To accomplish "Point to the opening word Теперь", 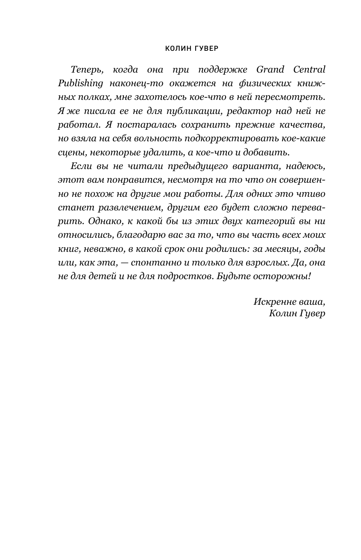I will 85,69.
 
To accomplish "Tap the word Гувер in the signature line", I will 310,314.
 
